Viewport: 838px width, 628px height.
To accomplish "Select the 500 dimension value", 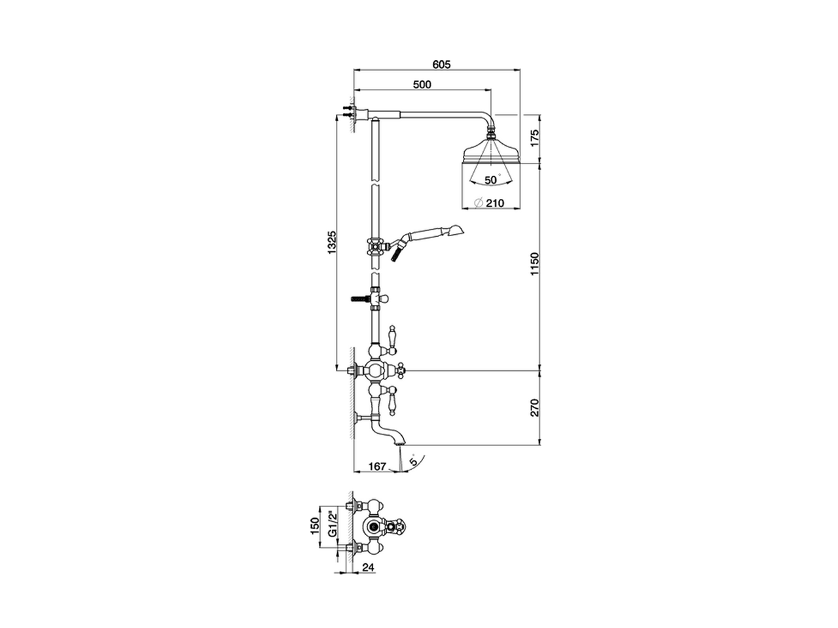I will click(x=422, y=84).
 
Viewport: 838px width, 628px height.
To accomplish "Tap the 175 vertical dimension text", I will click(x=534, y=138).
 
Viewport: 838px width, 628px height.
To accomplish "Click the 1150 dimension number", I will click(x=534, y=265).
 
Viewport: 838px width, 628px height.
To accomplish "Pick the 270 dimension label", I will click(x=534, y=408).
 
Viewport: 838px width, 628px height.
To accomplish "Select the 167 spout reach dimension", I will click(x=376, y=466).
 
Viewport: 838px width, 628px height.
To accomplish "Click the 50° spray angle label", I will click(x=492, y=179).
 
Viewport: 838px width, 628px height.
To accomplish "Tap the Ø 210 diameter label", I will click(x=488, y=203).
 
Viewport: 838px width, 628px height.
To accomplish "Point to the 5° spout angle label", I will click(x=412, y=461).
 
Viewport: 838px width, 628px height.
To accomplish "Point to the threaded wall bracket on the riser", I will click(x=360, y=299).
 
